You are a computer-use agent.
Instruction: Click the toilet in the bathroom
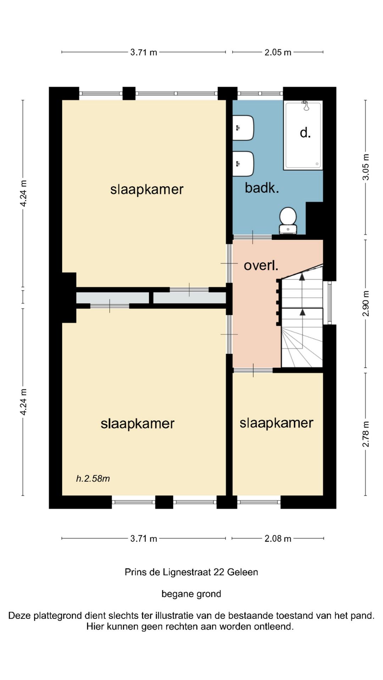click(288, 221)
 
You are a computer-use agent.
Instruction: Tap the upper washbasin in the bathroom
click(243, 128)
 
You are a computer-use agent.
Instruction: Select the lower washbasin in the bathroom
click(243, 164)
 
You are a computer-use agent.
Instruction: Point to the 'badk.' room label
click(262, 188)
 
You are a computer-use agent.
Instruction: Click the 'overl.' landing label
click(261, 265)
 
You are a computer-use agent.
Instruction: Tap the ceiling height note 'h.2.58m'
click(93, 478)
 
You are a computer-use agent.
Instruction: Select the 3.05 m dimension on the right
click(366, 167)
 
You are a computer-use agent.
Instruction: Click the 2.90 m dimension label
click(366, 304)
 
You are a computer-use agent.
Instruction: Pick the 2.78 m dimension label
click(366, 434)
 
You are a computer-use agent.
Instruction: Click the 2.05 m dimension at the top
click(278, 52)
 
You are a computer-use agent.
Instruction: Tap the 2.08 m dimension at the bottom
click(278, 539)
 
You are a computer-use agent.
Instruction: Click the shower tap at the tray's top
click(306, 106)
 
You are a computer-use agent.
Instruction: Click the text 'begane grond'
click(191, 594)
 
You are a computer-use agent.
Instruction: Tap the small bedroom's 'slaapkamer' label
click(277, 423)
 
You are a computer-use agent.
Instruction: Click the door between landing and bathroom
click(252, 237)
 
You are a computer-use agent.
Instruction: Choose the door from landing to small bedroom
click(253, 370)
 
